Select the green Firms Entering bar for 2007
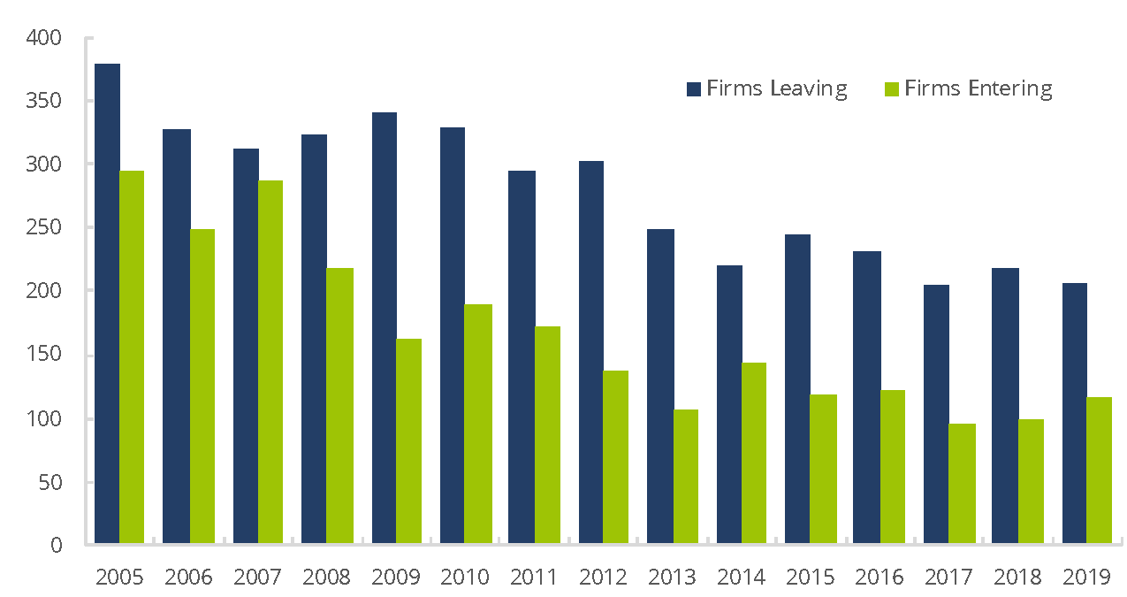270,362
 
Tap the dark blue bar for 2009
385,328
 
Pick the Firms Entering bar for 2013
686,477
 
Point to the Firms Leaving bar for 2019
1075,413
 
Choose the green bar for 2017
963,484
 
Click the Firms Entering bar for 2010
479,424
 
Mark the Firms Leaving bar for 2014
729,404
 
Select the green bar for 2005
132,357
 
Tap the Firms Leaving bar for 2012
591,352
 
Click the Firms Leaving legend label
777,88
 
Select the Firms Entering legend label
979,88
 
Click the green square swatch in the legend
892,89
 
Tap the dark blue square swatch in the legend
694,89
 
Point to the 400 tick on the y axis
44,38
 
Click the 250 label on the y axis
44,227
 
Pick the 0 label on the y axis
56,545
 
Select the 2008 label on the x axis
326,578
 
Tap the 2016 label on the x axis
880,578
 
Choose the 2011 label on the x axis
534,578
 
